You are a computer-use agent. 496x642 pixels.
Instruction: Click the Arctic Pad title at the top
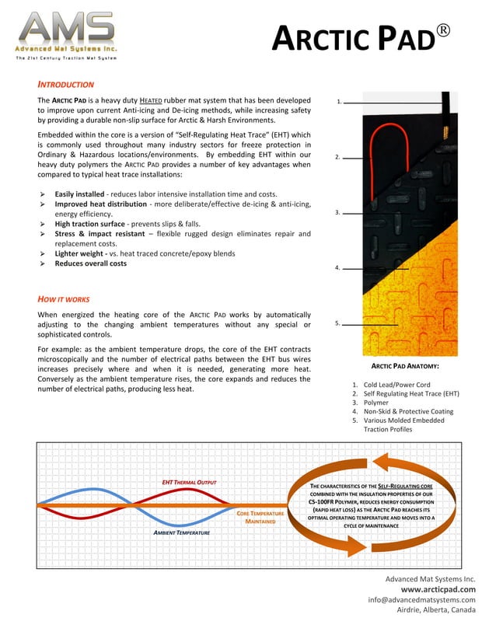click(x=360, y=38)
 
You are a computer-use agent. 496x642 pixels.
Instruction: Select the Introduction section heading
click(x=66, y=84)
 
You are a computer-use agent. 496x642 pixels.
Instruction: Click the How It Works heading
click(x=64, y=298)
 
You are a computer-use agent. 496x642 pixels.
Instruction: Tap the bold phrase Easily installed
click(x=80, y=194)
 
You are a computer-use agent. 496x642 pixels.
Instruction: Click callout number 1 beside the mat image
click(x=339, y=102)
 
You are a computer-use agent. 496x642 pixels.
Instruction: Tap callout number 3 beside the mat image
click(x=337, y=212)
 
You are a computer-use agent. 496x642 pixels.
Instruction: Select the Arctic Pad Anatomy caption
click(x=405, y=365)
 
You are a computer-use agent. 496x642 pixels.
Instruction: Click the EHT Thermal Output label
click(x=188, y=482)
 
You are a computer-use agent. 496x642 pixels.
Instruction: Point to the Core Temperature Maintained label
click(x=260, y=518)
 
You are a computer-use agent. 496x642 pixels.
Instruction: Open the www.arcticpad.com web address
click(x=438, y=589)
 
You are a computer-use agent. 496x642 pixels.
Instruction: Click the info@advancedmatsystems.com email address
click(x=421, y=599)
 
